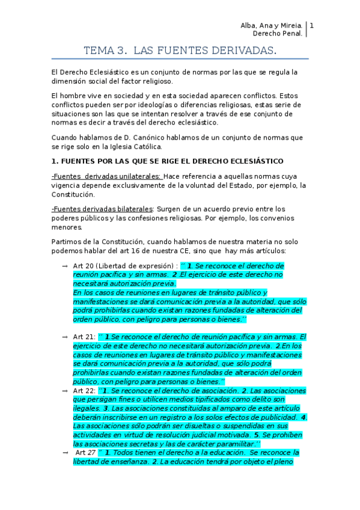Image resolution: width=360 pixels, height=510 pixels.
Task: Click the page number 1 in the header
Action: click(x=312, y=26)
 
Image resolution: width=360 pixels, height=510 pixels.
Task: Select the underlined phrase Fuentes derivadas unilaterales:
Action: click(x=107, y=176)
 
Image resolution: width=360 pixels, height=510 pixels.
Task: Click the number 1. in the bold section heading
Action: click(x=55, y=161)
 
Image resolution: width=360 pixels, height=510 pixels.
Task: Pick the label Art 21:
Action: click(x=84, y=337)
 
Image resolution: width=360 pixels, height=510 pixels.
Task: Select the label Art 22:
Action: click(x=84, y=390)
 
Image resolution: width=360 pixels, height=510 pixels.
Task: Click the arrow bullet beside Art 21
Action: click(x=64, y=337)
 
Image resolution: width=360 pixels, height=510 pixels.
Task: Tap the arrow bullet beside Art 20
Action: click(x=64, y=266)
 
